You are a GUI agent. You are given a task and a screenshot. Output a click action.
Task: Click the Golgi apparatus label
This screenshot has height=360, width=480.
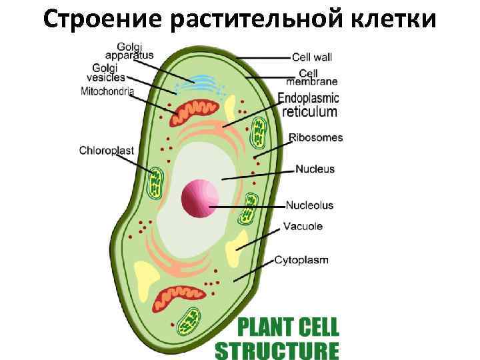click(x=135, y=51)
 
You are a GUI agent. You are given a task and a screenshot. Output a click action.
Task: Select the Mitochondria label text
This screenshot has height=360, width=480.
click(x=107, y=91)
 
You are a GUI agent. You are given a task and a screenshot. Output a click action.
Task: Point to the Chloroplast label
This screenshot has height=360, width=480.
click(x=107, y=150)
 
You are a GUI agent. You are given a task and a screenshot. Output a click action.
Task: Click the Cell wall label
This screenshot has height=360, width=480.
click(x=313, y=58)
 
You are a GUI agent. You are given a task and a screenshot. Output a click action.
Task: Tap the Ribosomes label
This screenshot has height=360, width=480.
click(x=316, y=138)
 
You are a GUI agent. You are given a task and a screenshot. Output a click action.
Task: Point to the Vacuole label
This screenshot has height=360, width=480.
click(x=303, y=226)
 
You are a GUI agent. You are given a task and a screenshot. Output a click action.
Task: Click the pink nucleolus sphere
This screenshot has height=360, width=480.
click(x=200, y=198)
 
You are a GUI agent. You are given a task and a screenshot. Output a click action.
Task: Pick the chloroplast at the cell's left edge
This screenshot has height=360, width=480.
click(x=156, y=183)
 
